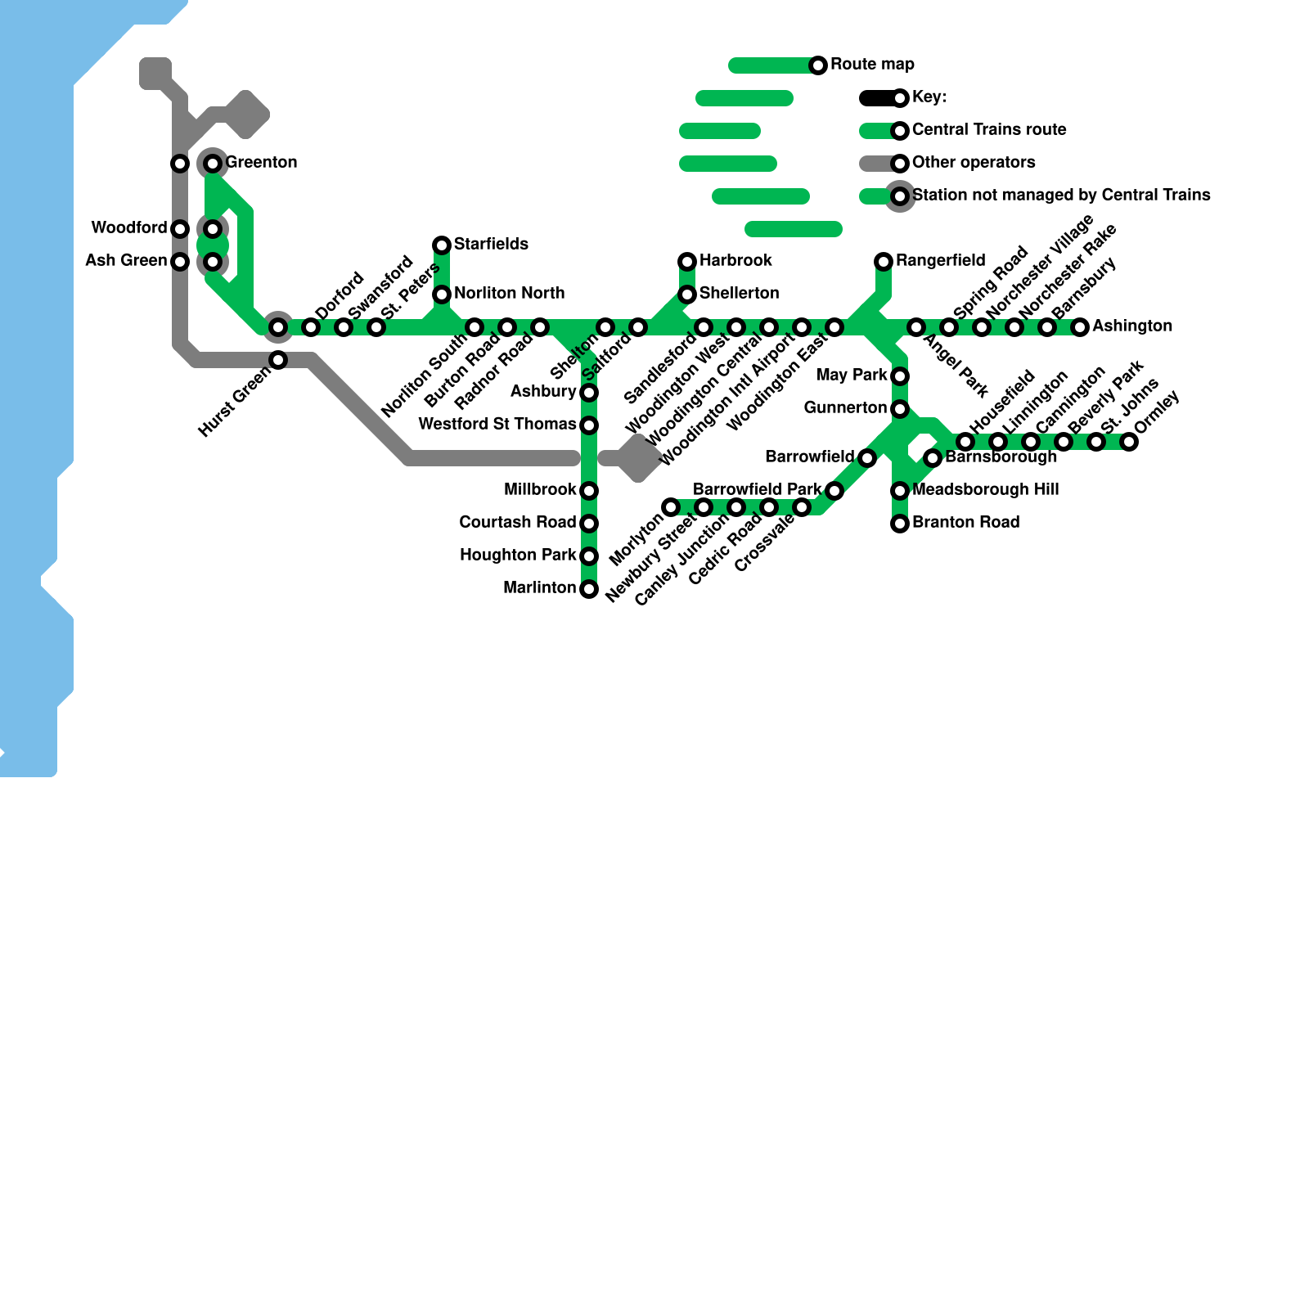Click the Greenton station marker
(213, 164)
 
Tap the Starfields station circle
(442, 245)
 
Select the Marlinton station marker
(589, 589)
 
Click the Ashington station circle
(1080, 327)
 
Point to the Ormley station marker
(1129, 442)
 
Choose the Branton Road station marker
(900, 524)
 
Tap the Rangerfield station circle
(884, 262)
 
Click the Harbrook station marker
(687, 262)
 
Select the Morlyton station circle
(671, 507)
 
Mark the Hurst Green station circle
(278, 360)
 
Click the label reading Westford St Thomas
(497, 424)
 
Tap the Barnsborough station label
(1001, 457)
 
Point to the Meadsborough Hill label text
(985, 489)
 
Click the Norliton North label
(509, 293)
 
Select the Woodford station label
(129, 227)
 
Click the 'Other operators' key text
(974, 162)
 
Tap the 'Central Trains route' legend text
(989, 129)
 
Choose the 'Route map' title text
(872, 64)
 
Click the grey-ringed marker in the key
(900, 196)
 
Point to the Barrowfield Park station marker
(834, 491)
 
